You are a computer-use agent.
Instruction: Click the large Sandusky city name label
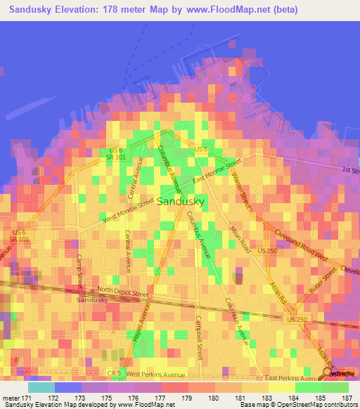pos(181,201)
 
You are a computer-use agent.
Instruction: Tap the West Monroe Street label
pos(128,210)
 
